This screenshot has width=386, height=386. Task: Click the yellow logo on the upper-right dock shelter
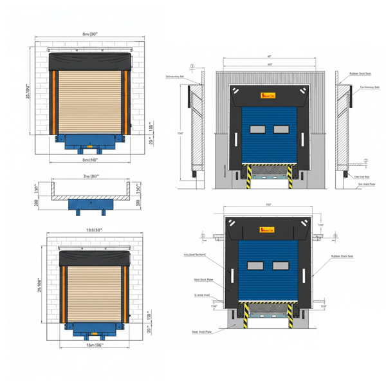coord(267,96)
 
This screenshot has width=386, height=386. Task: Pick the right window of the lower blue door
coord(281,264)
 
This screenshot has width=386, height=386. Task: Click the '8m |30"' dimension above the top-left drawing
coord(89,33)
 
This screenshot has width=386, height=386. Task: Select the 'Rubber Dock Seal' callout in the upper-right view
coord(360,74)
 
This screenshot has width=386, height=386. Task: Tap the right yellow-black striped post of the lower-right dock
coord(293,315)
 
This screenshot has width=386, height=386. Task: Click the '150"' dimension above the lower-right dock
coord(269,205)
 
